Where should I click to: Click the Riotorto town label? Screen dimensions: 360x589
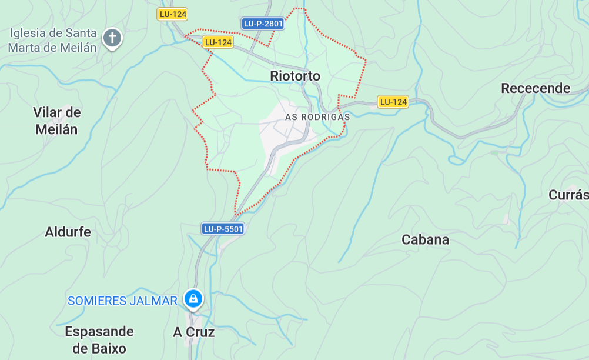pyautogui.click(x=295, y=76)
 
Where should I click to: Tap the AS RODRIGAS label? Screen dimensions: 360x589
pyautogui.click(x=317, y=117)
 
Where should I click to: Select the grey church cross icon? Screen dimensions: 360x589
pyautogui.click(x=112, y=38)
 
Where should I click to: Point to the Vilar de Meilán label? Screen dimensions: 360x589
pyautogui.click(x=57, y=121)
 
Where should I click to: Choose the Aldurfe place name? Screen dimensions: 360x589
pyautogui.click(x=68, y=232)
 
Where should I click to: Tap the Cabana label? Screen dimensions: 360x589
pyautogui.click(x=425, y=239)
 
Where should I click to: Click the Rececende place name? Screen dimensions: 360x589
pyautogui.click(x=536, y=88)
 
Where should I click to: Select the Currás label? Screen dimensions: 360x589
pyautogui.click(x=568, y=195)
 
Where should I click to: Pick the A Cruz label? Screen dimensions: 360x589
pyautogui.click(x=194, y=332)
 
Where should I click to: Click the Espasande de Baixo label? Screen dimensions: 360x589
pyautogui.click(x=99, y=340)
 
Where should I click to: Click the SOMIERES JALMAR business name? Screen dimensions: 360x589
pyautogui.click(x=122, y=301)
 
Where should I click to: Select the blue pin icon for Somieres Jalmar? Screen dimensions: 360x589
pyautogui.click(x=192, y=299)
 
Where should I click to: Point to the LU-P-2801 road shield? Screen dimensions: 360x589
pyautogui.click(x=263, y=24)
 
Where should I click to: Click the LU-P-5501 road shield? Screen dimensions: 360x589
pyautogui.click(x=223, y=229)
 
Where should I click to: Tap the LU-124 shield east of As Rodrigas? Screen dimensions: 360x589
pyautogui.click(x=393, y=102)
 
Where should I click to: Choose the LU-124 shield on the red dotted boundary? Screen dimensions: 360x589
pyautogui.click(x=218, y=42)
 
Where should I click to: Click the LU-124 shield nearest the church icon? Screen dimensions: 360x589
pyautogui.click(x=172, y=14)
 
